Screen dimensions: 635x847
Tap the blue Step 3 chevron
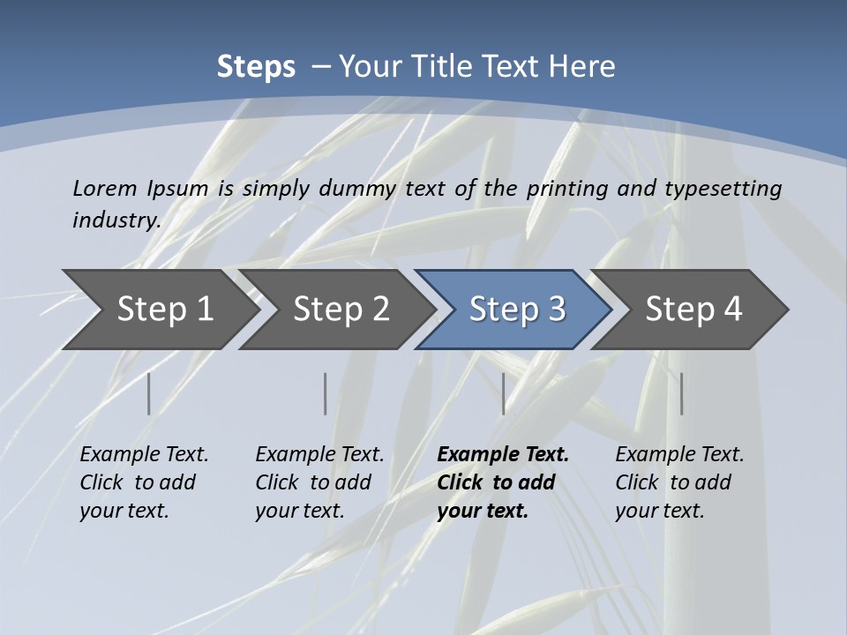tap(517, 310)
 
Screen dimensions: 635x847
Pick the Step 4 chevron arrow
tap(693, 310)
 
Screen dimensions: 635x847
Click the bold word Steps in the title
tap(256, 67)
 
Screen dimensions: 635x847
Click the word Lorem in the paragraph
tap(104, 188)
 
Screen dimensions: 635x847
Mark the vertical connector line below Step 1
tap(148, 393)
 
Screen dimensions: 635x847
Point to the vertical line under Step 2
tap(326, 393)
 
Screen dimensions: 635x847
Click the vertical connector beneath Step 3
tap(503, 393)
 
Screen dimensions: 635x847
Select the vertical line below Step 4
tap(681, 393)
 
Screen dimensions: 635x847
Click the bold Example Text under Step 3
tap(503, 455)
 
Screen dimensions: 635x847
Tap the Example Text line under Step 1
tap(144, 455)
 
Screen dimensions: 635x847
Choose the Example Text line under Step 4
tap(679, 455)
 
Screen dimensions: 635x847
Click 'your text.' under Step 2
tap(299, 511)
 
